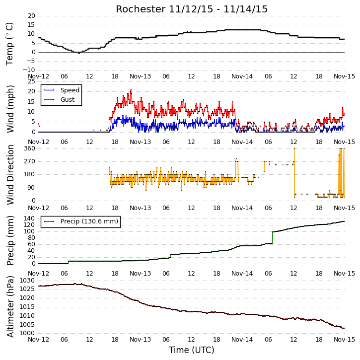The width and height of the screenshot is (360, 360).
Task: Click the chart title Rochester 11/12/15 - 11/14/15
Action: click(x=192, y=9)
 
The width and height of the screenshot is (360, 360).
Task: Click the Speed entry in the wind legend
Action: click(x=70, y=90)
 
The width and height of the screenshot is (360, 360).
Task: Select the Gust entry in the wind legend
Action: click(x=68, y=100)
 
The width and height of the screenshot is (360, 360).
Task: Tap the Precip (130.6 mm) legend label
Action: click(x=89, y=221)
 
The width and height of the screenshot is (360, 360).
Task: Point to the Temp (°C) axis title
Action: click(x=9, y=44)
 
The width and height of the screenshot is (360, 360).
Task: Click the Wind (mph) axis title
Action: click(x=10, y=109)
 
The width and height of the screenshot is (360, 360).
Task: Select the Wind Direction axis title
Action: click(x=10, y=175)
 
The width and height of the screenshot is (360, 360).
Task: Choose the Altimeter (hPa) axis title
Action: click(x=10, y=307)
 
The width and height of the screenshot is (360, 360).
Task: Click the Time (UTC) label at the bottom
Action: click(x=192, y=350)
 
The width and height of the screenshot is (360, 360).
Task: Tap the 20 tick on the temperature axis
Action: click(x=31, y=16)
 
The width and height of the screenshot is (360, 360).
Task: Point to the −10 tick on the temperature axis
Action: click(x=29, y=70)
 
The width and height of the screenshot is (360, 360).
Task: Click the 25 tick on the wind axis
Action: click(x=31, y=82)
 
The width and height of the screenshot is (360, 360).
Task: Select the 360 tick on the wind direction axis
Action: click(x=30, y=148)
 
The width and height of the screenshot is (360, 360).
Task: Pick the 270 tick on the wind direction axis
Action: click(x=30, y=161)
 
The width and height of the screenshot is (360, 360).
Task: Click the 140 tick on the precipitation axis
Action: click(x=30, y=218)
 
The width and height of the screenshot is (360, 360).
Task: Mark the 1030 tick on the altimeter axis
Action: click(x=27, y=281)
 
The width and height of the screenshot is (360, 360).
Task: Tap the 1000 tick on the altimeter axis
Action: click(x=27, y=333)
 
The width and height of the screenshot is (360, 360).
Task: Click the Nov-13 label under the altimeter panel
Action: click(x=141, y=340)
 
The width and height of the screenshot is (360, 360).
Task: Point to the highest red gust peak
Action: click(x=131, y=89)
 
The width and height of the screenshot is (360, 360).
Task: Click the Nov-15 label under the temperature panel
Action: click(x=345, y=76)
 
